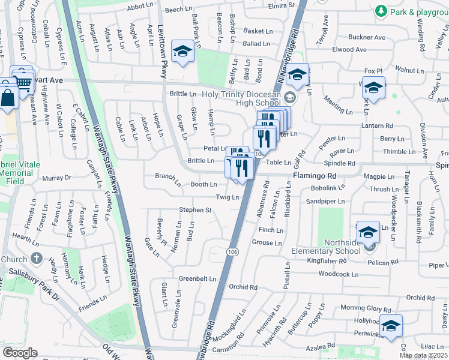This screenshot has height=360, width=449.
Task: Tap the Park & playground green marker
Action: tap(380, 11)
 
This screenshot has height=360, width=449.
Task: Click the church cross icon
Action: tap(36, 259)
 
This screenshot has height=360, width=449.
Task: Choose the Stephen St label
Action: tap(196, 210)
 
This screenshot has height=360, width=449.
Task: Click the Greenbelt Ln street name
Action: tap(197, 279)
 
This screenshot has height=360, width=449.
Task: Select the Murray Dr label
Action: tap(57, 178)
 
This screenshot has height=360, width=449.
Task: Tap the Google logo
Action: tap(20, 353)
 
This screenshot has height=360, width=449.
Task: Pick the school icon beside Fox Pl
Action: tap(373, 88)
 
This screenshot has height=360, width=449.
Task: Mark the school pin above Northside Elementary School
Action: tap(367, 232)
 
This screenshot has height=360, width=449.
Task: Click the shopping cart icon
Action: tap(23, 81)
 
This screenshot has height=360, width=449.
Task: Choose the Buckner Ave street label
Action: tap(366, 37)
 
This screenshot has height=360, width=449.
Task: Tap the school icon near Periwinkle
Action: tap(391, 326)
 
